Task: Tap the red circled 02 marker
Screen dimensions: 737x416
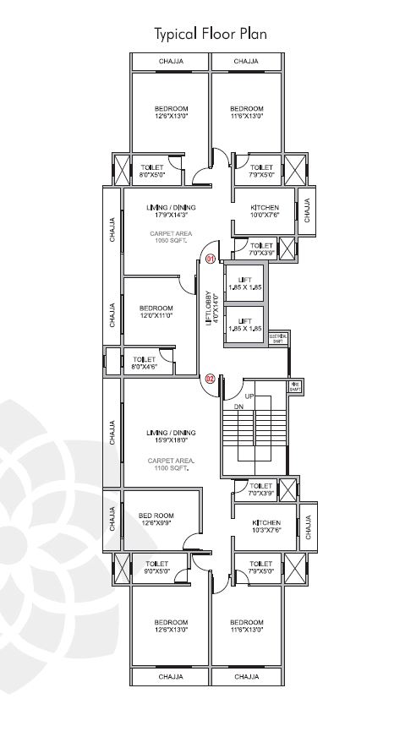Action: click(211, 379)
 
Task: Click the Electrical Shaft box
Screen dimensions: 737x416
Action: click(277, 338)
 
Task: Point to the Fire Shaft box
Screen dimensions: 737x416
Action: click(295, 387)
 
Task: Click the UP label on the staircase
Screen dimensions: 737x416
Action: click(249, 396)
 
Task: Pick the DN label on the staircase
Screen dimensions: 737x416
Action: click(238, 407)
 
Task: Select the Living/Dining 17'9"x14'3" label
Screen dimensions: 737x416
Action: click(171, 211)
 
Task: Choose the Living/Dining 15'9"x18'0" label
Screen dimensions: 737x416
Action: click(171, 436)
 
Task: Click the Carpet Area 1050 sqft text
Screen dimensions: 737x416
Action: click(171, 236)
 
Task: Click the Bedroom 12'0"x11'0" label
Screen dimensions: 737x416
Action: click(156, 312)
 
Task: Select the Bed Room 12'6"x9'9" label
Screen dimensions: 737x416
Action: click(156, 519)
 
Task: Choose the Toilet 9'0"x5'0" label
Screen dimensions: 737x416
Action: click(157, 567)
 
